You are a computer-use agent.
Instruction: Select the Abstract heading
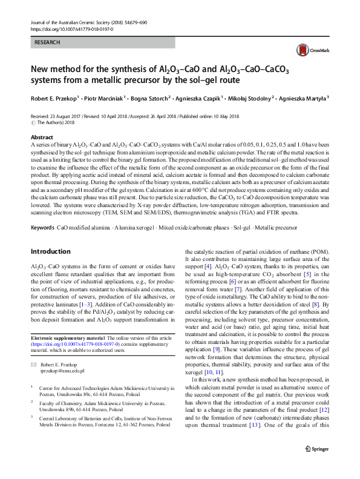(42, 138)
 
